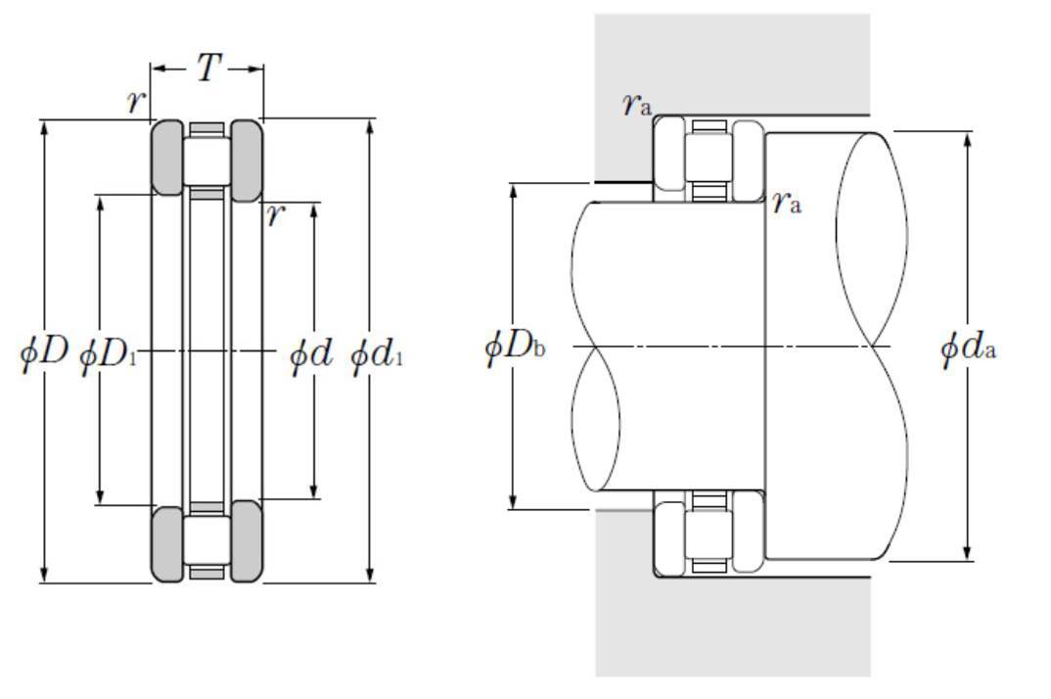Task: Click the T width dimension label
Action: (208, 68)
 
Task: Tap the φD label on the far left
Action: (44, 350)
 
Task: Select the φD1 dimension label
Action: (109, 354)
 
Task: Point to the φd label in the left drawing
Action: (310, 352)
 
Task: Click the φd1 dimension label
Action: (378, 353)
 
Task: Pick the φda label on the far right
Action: (969, 349)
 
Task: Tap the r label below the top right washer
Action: (276, 215)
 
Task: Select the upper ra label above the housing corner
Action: (636, 104)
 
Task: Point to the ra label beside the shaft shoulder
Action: (786, 202)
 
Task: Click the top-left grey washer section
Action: (167, 158)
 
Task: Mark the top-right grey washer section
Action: (247, 161)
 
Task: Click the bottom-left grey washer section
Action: (167, 544)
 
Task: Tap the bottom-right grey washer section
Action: (247, 540)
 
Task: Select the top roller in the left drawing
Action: (207, 161)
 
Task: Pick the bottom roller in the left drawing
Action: (207, 540)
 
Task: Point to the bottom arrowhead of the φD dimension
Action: (44, 575)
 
